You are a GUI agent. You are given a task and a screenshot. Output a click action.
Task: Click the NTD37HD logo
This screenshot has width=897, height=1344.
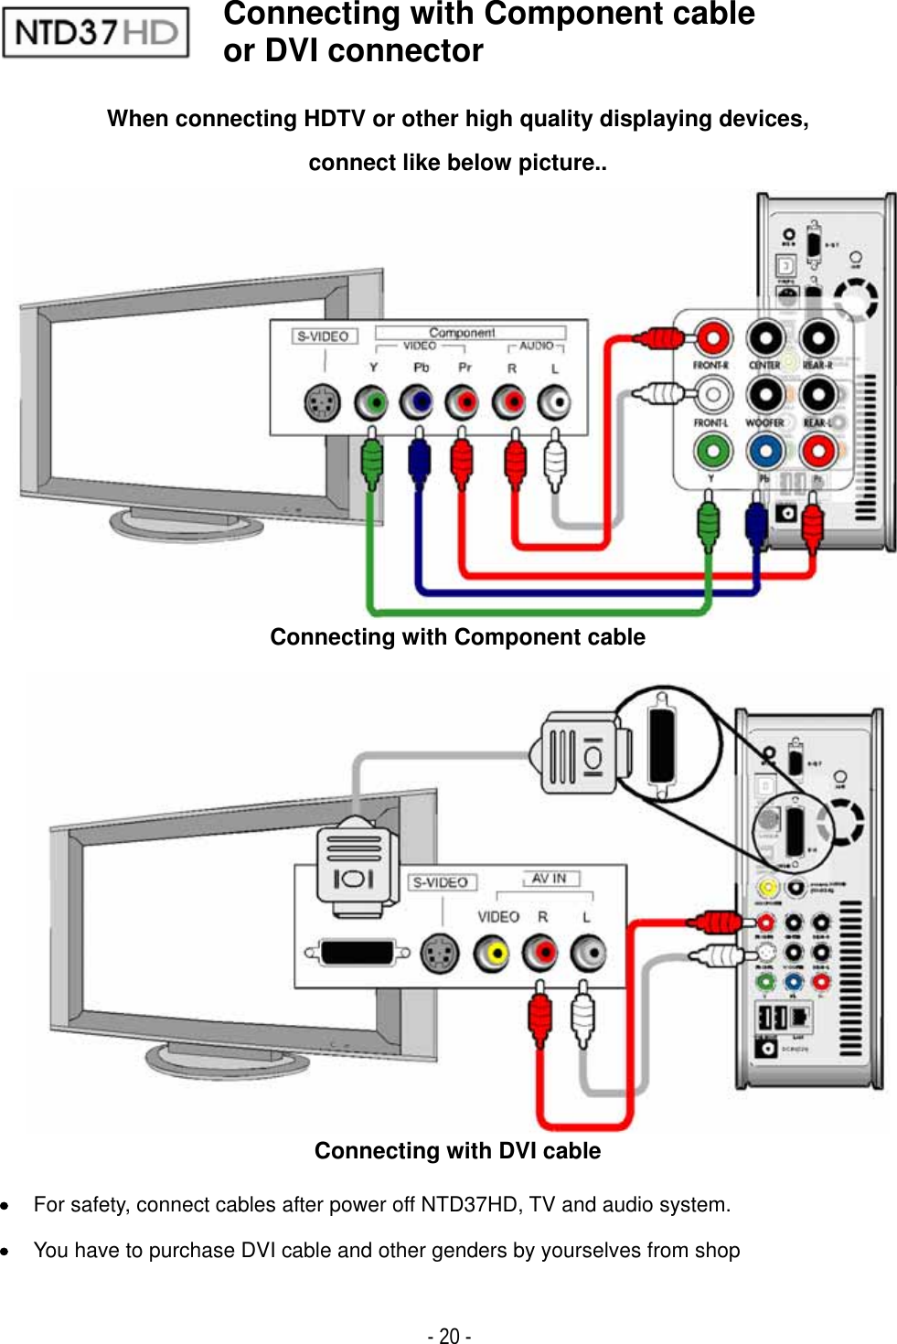pyautogui.click(x=96, y=33)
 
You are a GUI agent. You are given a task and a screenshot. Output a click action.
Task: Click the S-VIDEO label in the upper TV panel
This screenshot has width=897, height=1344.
pyautogui.click(x=324, y=336)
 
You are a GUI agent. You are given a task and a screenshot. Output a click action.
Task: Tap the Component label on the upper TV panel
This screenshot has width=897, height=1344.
pyautogui.click(x=462, y=333)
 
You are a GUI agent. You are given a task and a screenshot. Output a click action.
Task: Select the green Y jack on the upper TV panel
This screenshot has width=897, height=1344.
pyautogui.click(x=371, y=402)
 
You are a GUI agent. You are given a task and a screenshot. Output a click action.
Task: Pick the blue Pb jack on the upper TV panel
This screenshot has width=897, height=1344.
pyautogui.click(x=418, y=402)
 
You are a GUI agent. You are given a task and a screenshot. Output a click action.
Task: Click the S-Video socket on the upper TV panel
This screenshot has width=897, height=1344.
pyautogui.click(x=322, y=402)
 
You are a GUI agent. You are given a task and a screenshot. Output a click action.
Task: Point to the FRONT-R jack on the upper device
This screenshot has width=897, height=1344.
pyautogui.click(x=711, y=338)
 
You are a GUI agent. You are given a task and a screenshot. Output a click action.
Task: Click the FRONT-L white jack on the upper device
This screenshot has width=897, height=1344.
pyautogui.click(x=711, y=395)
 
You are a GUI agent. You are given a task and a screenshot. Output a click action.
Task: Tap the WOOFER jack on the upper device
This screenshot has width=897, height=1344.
pyautogui.click(x=765, y=395)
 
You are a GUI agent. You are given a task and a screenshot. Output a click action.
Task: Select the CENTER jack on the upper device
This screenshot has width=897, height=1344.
pyautogui.click(x=765, y=338)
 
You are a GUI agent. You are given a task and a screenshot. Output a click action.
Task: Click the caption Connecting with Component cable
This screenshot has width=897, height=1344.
pyautogui.click(x=457, y=637)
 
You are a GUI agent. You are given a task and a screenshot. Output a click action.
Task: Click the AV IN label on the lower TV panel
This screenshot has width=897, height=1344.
pyautogui.click(x=550, y=879)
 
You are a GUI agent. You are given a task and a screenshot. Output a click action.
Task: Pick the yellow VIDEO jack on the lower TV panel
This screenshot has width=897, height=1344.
pyautogui.click(x=493, y=954)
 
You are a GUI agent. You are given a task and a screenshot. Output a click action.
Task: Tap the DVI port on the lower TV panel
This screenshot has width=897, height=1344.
pyautogui.click(x=358, y=953)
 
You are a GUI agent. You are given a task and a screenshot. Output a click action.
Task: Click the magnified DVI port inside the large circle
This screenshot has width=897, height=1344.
pyautogui.click(x=661, y=743)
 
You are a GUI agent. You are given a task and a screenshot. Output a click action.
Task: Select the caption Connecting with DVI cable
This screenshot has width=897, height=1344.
pyautogui.click(x=457, y=1151)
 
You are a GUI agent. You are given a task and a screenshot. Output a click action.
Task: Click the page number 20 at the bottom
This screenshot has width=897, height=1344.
pyautogui.click(x=449, y=1336)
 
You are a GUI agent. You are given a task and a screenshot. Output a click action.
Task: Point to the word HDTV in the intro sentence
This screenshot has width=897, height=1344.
pyautogui.click(x=335, y=119)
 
